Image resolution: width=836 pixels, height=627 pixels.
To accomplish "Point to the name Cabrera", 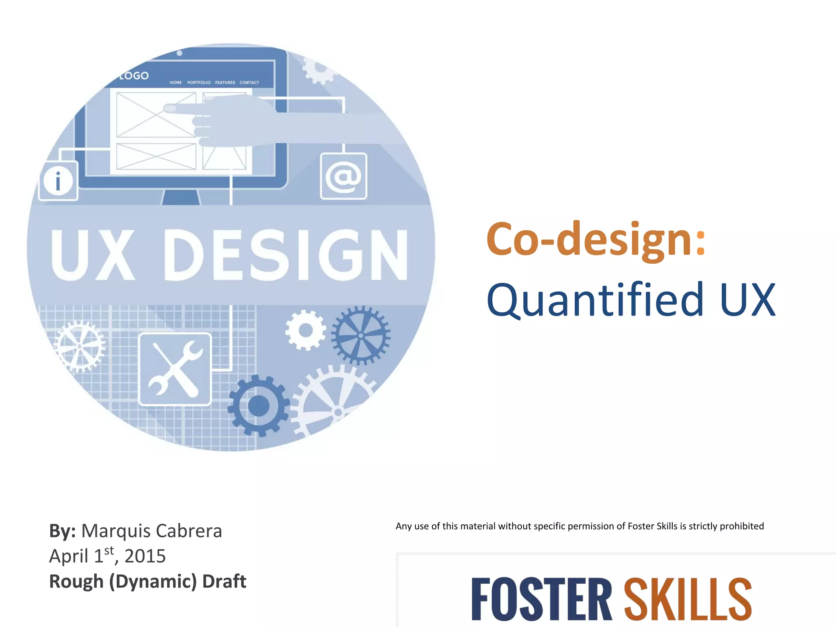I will tap(189, 531).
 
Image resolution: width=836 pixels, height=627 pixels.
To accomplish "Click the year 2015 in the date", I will tap(145, 556).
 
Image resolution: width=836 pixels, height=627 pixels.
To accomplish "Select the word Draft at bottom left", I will tap(224, 581).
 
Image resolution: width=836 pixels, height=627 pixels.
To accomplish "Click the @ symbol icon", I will tap(343, 176).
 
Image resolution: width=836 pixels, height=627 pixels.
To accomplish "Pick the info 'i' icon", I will tap(58, 181).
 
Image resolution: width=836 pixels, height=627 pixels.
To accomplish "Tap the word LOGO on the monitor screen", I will tap(134, 76).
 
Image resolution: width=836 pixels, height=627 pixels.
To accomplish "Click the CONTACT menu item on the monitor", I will tap(249, 82).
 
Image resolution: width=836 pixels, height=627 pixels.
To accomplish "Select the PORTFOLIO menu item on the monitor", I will tap(199, 82).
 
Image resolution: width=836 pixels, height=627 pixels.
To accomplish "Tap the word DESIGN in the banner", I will tap(286, 255).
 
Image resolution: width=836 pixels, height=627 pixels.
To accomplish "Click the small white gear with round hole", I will tap(305, 330).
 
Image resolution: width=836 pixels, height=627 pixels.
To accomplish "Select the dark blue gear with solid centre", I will tap(258, 406).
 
